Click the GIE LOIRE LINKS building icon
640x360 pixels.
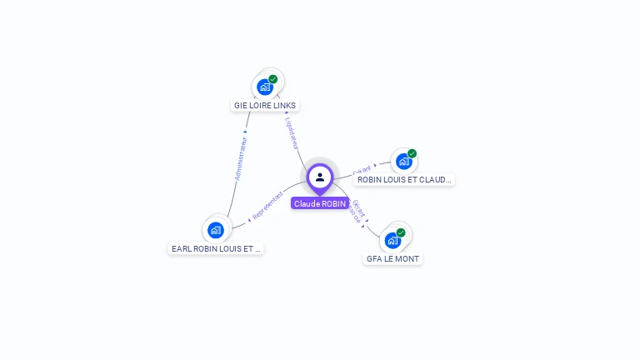pyautogui.click(x=265, y=87)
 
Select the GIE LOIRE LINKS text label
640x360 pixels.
pyautogui.click(x=265, y=106)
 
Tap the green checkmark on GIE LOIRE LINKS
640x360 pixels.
pyautogui.click(x=273, y=79)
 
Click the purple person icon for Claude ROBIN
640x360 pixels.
pyautogui.click(x=320, y=177)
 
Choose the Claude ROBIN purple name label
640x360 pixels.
pyautogui.click(x=320, y=203)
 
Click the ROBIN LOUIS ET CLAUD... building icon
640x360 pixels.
pyautogui.click(x=404, y=162)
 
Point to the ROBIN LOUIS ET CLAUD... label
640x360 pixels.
pyautogui.click(x=404, y=179)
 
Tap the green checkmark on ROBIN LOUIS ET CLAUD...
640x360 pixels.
pyautogui.click(x=412, y=154)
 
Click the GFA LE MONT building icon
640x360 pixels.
pyautogui.click(x=392, y=241)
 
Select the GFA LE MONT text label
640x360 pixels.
pyautogui.click(x=393, y=259)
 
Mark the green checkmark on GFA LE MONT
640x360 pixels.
pyautogui.click(x=401, y=233)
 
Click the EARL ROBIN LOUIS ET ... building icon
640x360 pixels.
pyautogui.click(x=216, y=230)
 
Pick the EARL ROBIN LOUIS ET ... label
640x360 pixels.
pyautogui.click(x=216, y=248)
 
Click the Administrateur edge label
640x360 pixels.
pyautogui.click(x=240, y=158)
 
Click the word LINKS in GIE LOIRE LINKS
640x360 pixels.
pyautogui.click(x=285, y=106)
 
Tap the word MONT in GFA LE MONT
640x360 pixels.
pyautogui.click(x=407, y=259)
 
